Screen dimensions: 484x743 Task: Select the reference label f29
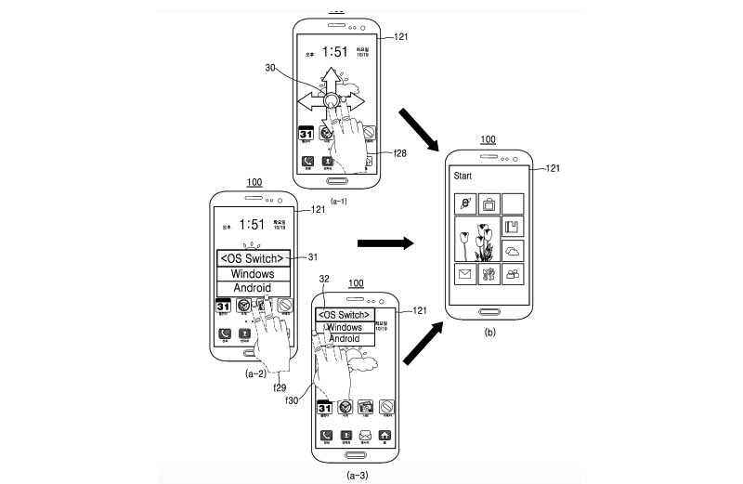click(280, 386)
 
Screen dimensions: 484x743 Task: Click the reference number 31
click(312, 257)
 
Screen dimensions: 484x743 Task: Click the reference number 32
click(324, 278)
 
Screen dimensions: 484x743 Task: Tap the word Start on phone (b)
click(463, 175)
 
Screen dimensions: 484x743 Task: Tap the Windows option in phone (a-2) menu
click(254, 274)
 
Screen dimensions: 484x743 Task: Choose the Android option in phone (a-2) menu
click(254, 289)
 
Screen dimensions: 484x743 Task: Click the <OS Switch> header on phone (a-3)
click(345, 315)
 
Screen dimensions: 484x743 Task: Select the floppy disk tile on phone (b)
click(512, 228)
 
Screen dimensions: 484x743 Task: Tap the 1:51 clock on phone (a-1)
click(336, 52)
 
